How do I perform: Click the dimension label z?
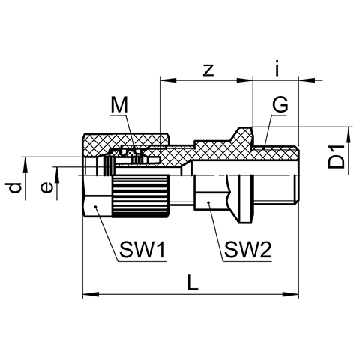(208, 70)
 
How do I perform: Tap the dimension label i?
(277, 67)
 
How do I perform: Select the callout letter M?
(119, 105)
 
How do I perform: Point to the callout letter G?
(280, 103)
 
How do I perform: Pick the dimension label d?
(14, 188)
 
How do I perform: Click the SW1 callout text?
(142, 250)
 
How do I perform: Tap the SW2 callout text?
(247, 250)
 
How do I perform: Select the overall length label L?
(193, 283)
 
